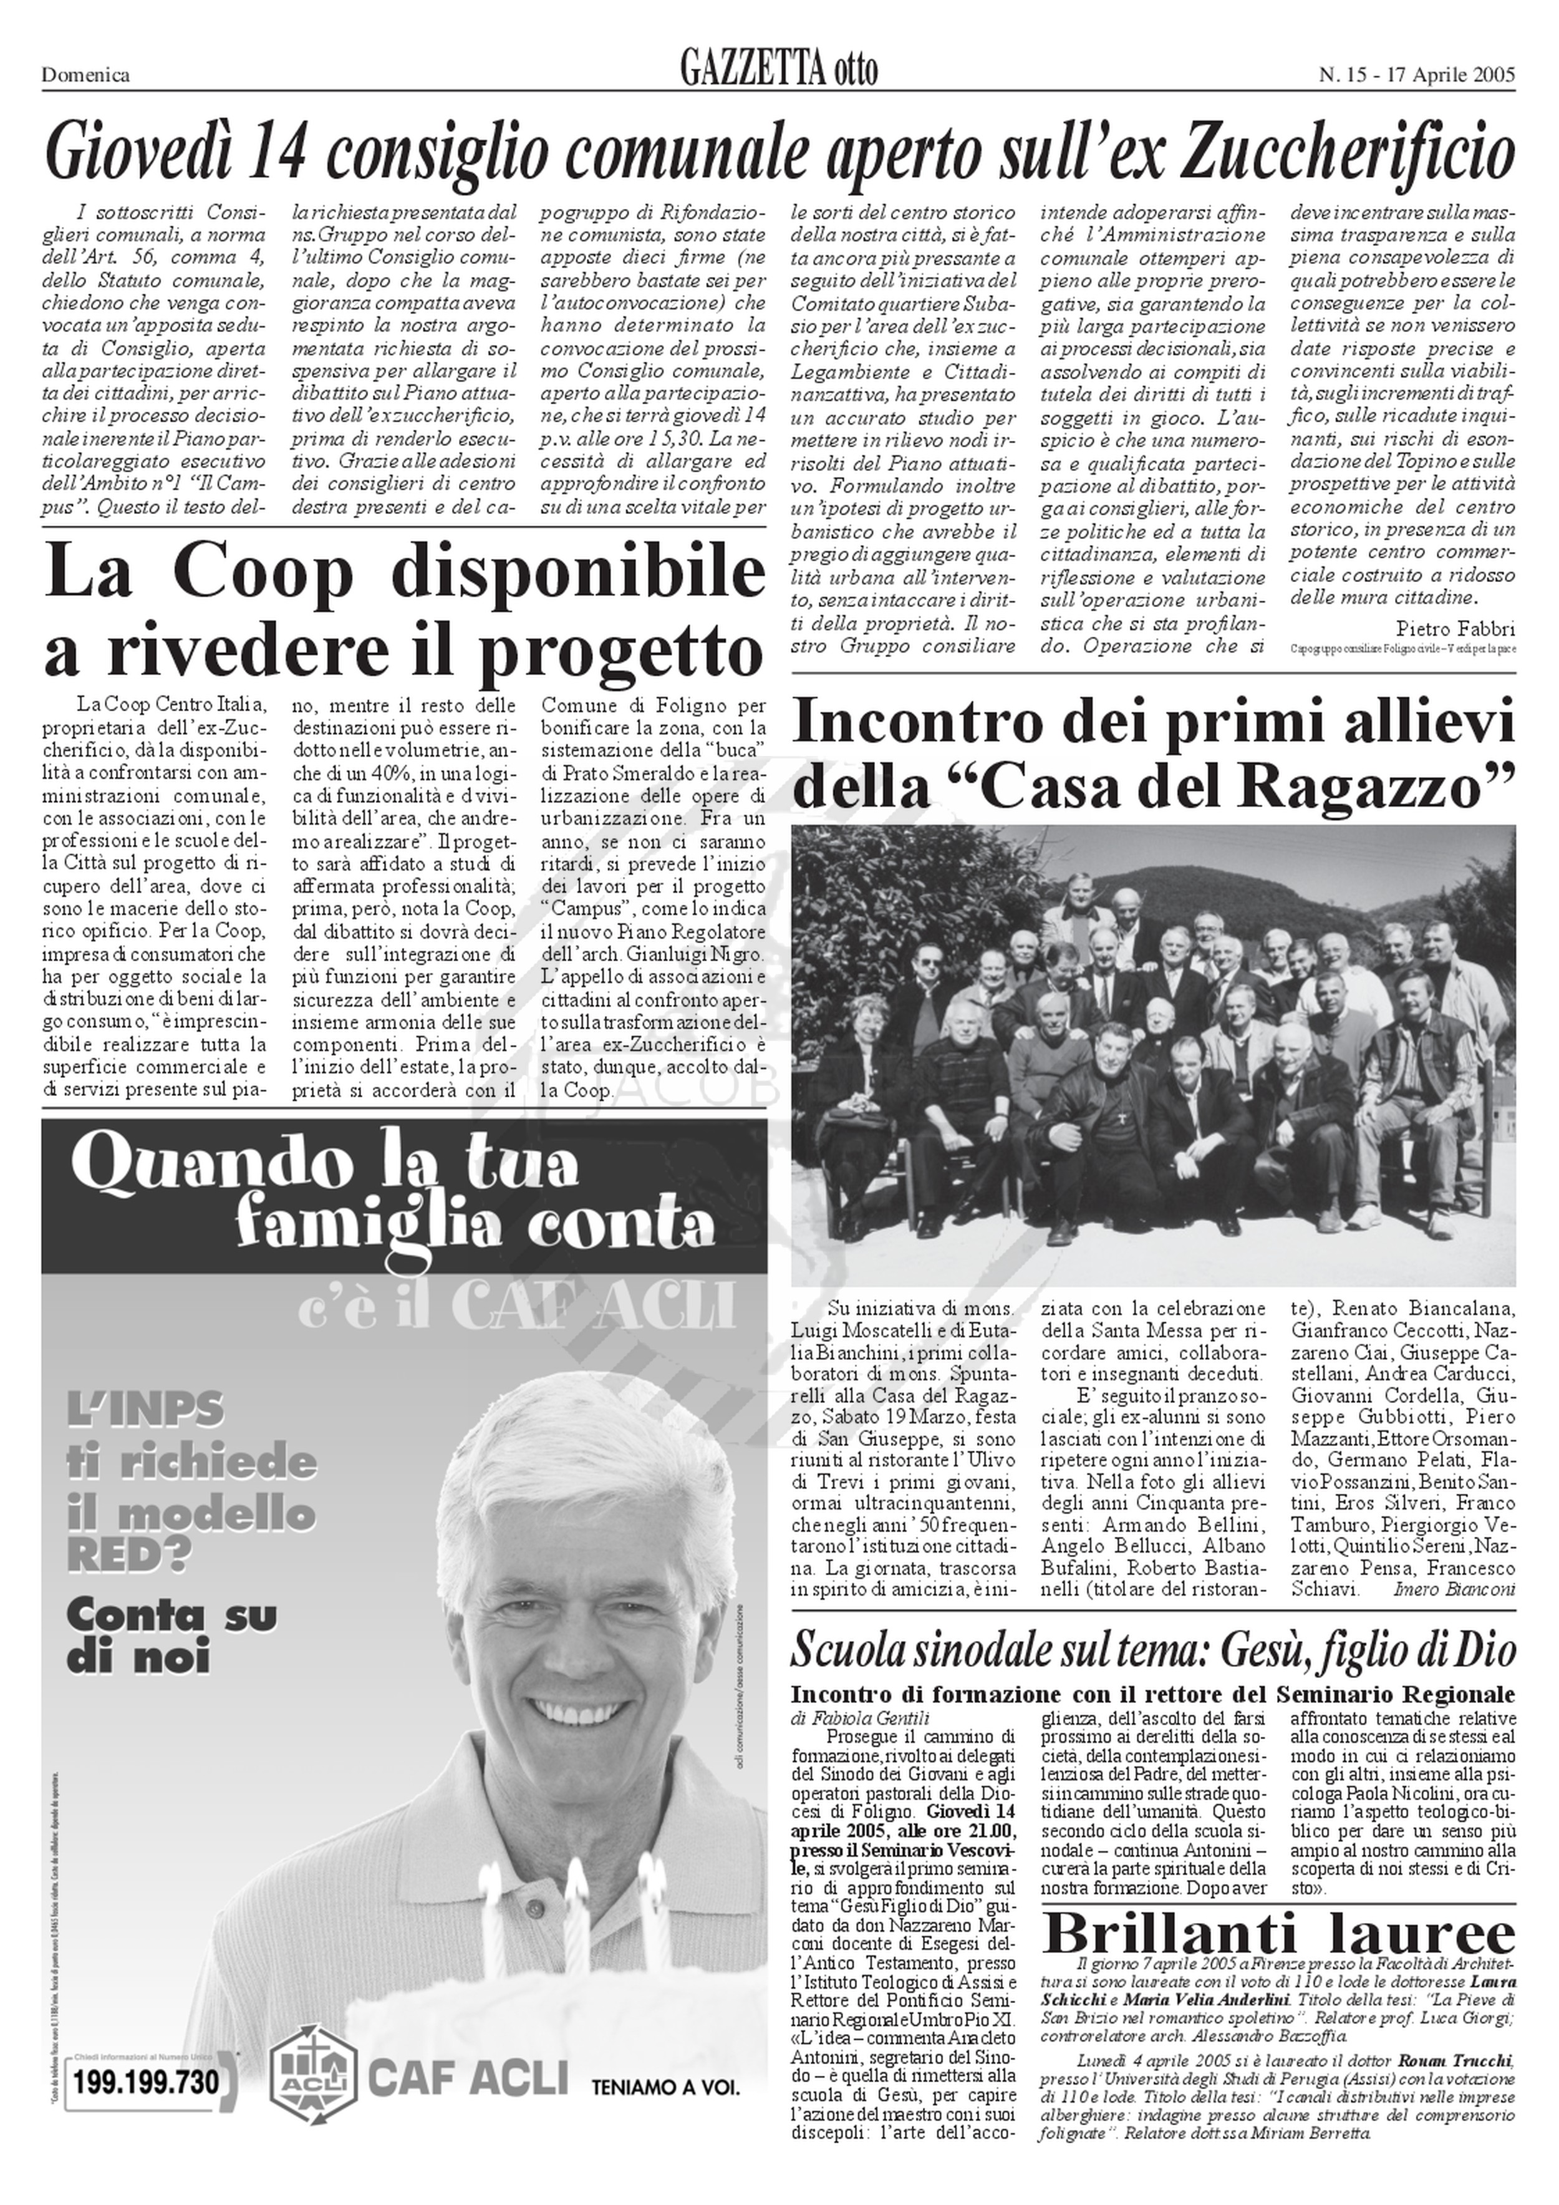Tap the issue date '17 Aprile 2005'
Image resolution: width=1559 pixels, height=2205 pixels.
click(x=1445, y=75)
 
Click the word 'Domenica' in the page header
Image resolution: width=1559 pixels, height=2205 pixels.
click(x=85, y=75)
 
